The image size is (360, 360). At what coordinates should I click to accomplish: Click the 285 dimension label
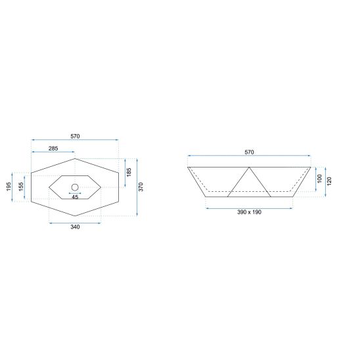point(53,148)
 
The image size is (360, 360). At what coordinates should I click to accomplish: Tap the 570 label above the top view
point(75,136)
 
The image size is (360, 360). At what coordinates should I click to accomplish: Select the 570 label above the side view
point(249,152)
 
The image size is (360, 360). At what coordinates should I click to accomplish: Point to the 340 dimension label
point(75,227)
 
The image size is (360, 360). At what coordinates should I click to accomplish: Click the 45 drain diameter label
point(75,197)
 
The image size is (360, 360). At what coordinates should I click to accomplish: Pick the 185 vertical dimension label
point(129,172)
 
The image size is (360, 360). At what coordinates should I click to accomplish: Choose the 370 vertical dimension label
point(141,187)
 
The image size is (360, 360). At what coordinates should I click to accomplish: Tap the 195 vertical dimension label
point(9,187)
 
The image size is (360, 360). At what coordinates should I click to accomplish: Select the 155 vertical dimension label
point(21,187)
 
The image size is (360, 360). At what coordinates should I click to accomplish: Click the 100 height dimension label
point(319,179)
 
